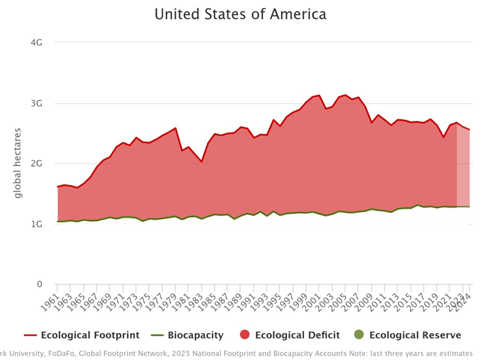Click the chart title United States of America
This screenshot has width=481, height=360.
coord(240,14)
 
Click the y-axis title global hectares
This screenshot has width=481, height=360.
coord(18,163)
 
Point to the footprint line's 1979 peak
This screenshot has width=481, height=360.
coord(175,128)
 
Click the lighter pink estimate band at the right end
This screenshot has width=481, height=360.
coord(463,169)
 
